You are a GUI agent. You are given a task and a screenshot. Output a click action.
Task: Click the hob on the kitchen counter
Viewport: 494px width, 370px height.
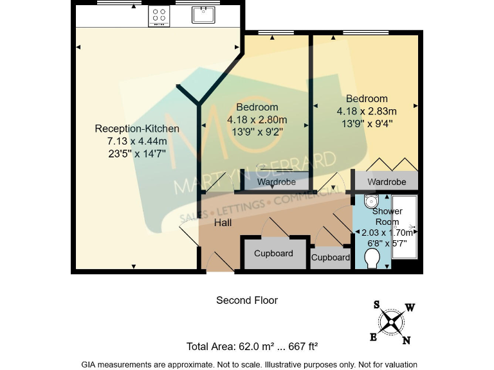(x=159, y=16)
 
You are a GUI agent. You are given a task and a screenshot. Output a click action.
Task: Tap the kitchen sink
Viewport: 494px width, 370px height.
(x=203, y=14)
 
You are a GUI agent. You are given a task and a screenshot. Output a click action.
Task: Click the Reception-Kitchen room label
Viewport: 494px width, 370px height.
(x=136, y=129)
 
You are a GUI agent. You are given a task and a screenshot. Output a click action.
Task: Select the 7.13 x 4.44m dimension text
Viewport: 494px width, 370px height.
(x=136, y=141)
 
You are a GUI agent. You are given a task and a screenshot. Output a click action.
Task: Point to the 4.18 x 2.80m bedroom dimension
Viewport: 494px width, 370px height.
(x=257, y=119)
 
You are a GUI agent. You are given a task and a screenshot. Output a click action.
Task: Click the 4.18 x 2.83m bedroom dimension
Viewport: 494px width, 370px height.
(x=367, y=111)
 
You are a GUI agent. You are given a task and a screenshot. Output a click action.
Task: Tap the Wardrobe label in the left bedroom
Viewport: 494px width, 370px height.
(x=276, y=182)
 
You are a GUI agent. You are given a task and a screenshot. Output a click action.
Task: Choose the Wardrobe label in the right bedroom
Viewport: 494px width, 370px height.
(x=387, y=182)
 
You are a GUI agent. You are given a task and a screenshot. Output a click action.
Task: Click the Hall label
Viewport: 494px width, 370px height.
(x=223, y=223)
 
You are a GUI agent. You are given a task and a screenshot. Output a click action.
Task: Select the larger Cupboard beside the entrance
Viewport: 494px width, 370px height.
(x=273, y=253)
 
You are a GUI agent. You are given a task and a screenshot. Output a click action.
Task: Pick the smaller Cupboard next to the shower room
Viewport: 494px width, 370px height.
(x=331, y=257)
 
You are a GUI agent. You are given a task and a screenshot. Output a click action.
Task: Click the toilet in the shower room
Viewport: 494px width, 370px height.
(x=371, y=259)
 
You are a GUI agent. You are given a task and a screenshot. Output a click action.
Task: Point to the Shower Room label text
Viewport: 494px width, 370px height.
(x=387, y=216)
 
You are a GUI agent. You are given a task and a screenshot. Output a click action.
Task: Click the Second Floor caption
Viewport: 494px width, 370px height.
(x=247, y=300)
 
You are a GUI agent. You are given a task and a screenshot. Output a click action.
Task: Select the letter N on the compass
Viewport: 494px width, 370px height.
(x=406, y=340)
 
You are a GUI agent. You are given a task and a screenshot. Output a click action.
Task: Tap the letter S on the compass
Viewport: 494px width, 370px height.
(x=376, y=305)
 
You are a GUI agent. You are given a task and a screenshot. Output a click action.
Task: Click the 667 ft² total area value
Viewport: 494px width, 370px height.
(x=303, y=347)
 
